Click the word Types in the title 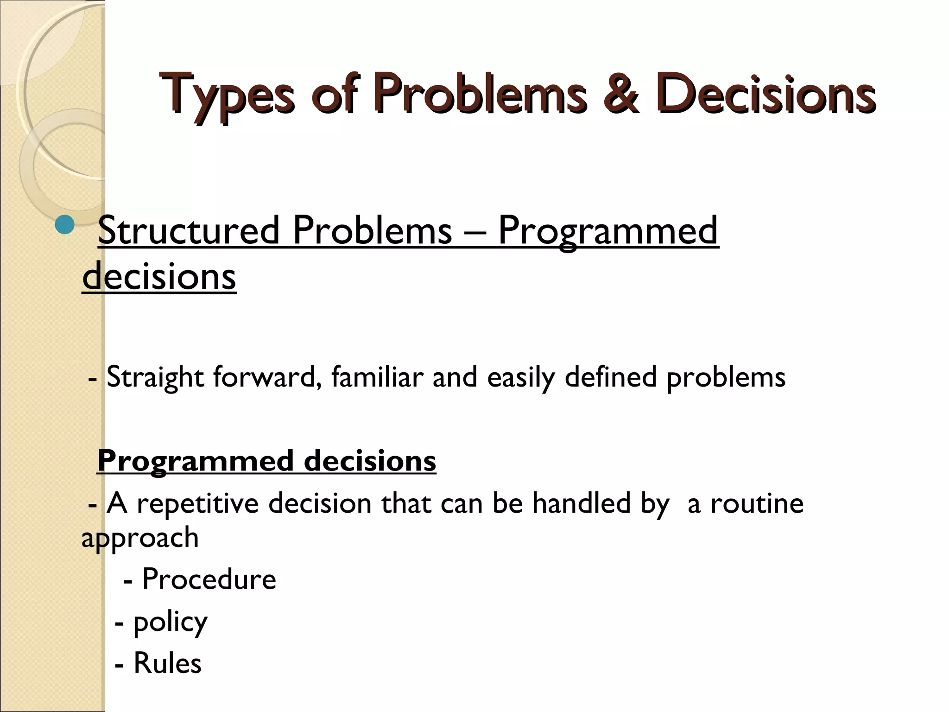[227, 95]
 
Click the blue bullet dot [64, 226]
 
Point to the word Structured [189, 230]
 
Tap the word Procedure [209, 579]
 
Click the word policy [170, 622]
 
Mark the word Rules [167, 663]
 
